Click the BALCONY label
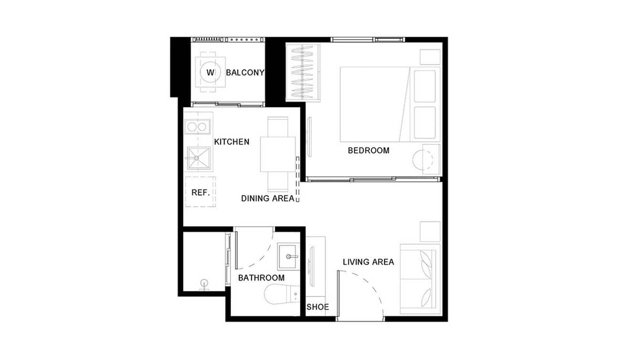pyautogui.click(x=245, y=73)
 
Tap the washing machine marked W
pyautogui.click(x=210, y=73)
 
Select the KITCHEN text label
pyautogui.click(x=231, y=142)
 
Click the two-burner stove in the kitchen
pyautogui.click(x=198, y=127)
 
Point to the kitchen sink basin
pyautogui.click(x=198, y=158)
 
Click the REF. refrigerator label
pyautogui.click(x=201, y=192)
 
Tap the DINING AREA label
pyautogui.click(x=267, y=198)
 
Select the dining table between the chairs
pyautogui.click(x=278, y=154)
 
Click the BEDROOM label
pyautogui.click(x=368, y=150)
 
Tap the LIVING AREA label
pyautogui.click(x=368, y=262)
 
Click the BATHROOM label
pyautogui.click(x=261, y=278)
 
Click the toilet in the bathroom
pyautogui.click(x=282, y=294)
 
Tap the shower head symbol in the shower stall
pyautogui.click(x=204, y=283)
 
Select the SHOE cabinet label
pyautogui.click(x=318, y=307)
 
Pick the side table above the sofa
pyautogui.click(x=430, y=232)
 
